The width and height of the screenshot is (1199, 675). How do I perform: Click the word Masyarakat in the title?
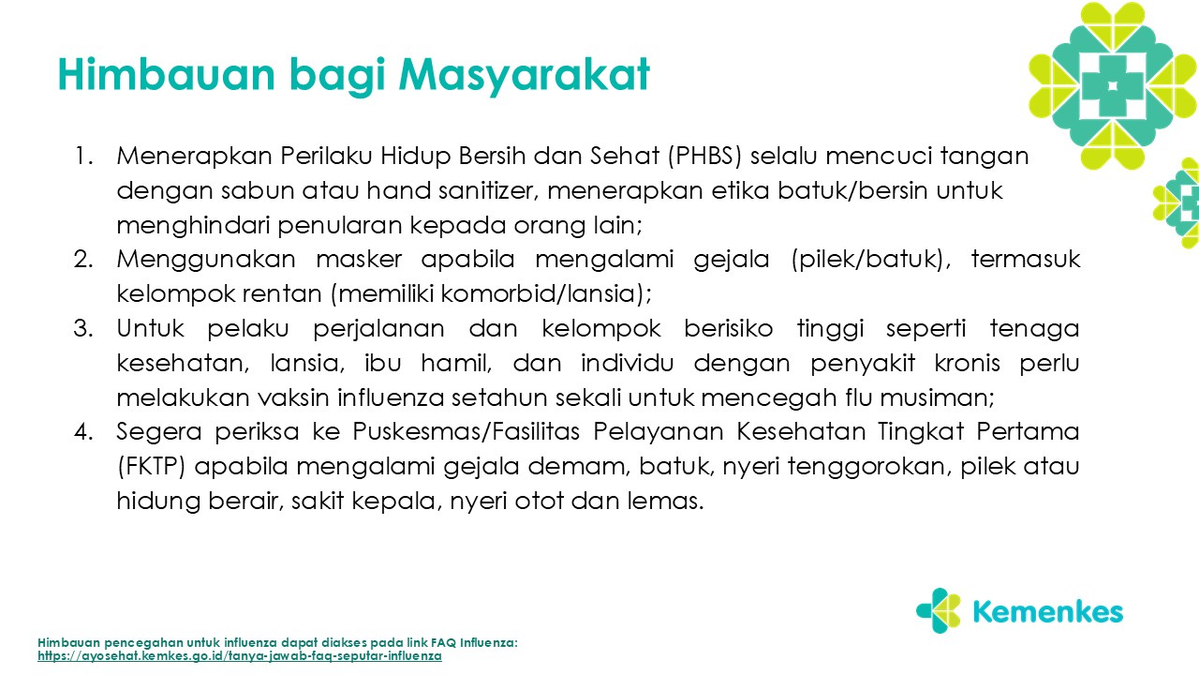point(524,76)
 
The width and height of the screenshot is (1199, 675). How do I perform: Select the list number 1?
point(83,157)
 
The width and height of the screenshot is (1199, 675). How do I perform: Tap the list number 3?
point(83,328)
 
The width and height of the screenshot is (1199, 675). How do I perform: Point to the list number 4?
point(83,432)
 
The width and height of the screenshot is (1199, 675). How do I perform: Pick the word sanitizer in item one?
point(489,190)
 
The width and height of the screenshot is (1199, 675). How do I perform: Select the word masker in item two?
point(359,260)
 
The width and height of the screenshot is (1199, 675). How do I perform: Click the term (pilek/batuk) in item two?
point(867,260)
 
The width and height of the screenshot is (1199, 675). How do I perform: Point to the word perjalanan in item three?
point(378,329)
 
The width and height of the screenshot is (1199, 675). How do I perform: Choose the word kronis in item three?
point(968,363)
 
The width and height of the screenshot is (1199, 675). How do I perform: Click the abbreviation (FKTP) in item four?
point(152,467)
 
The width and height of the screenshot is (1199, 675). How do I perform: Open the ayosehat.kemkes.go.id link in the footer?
point(239,656)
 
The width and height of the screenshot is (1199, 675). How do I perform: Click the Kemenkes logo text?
point(1047,612)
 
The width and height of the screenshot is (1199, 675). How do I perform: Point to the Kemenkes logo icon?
point(939,610)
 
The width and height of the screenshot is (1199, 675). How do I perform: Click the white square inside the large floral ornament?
point(1113,85)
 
